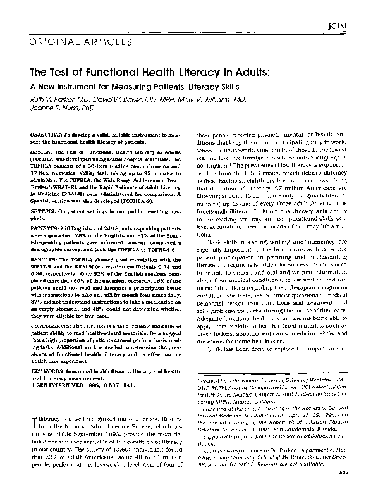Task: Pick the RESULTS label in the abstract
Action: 44,258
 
